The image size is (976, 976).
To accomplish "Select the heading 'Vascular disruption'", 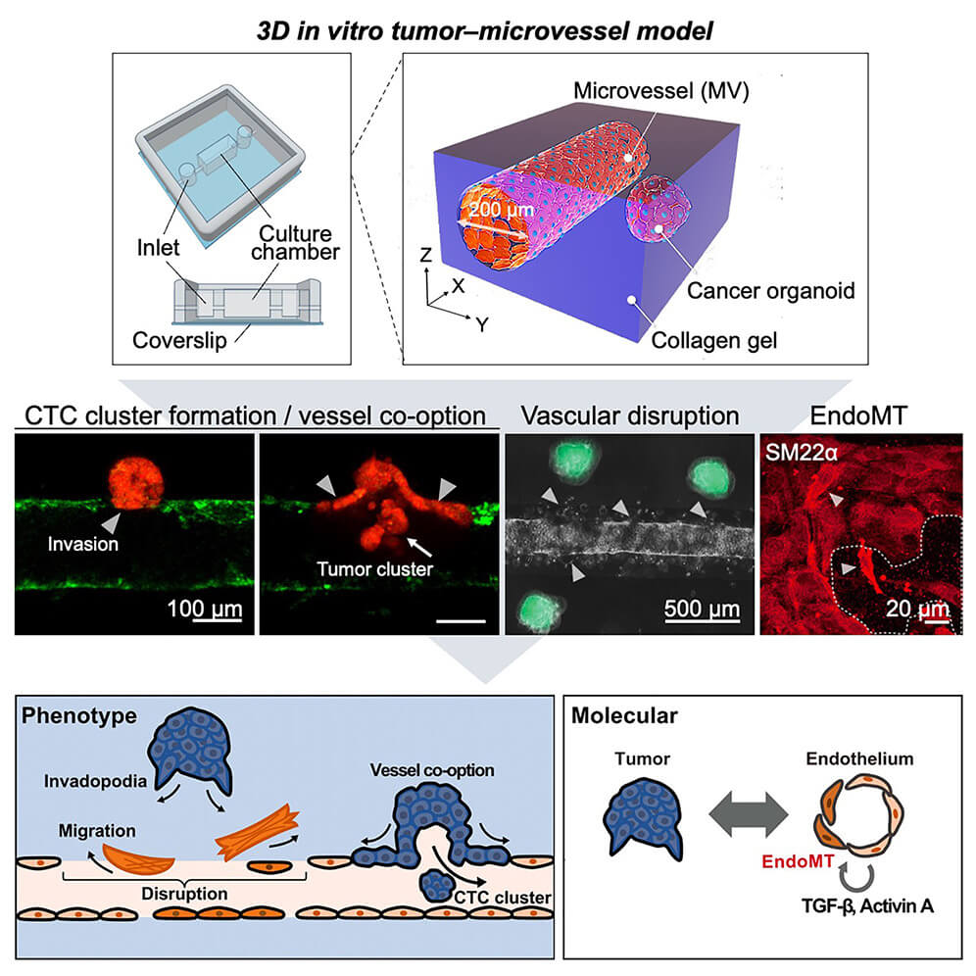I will pos(629,415).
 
